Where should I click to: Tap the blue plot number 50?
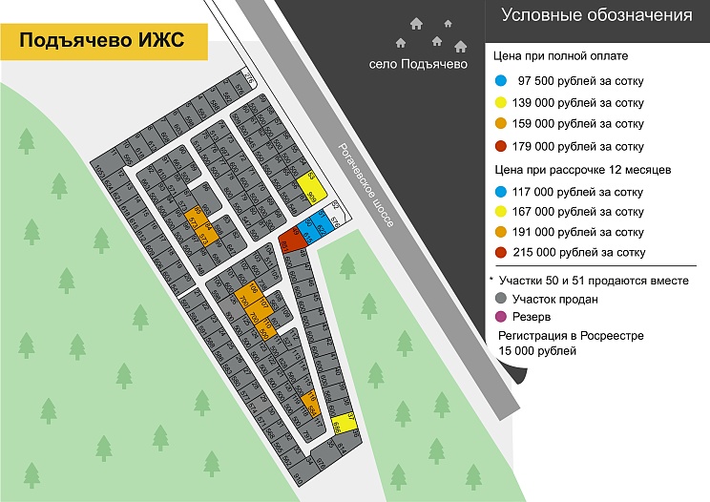[x=308, y=228]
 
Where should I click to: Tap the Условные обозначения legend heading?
[x=596, y=15]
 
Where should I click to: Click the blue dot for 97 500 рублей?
[x=501, y=80]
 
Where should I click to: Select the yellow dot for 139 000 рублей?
[x=501, y=102]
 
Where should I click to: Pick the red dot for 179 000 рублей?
[x=501, y=146]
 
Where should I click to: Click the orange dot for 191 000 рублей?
[x=501, y=232]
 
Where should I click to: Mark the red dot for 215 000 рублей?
[x=501, y=253]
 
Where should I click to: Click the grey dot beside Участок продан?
[x=501, y=299]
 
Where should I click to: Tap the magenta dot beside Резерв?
[x=501, y=317]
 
